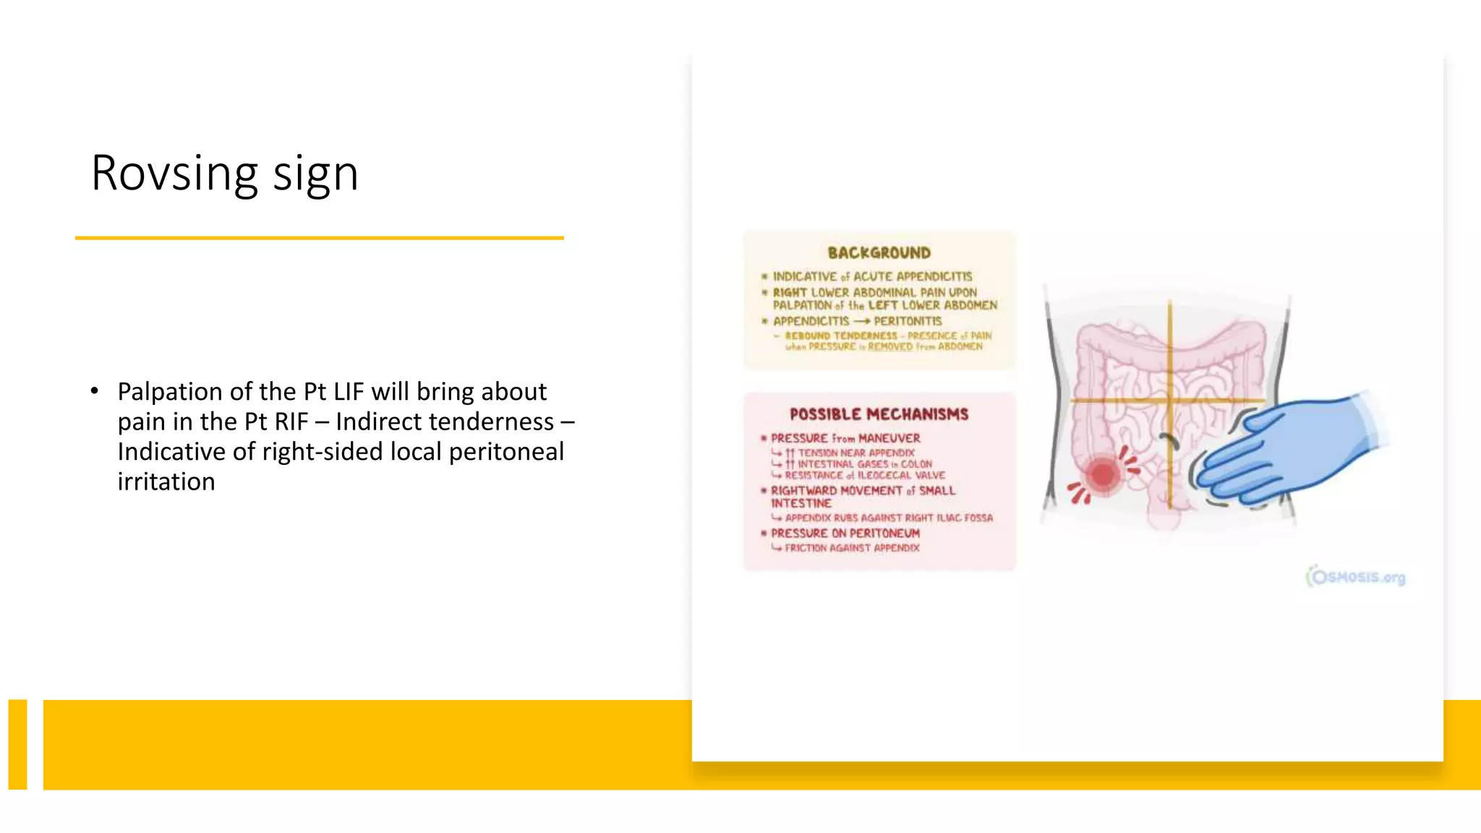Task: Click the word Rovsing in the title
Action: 174,174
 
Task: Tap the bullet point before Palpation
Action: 95,391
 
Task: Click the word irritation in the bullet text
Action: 166,482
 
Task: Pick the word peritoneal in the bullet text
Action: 506,452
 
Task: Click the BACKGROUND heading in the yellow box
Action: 879,253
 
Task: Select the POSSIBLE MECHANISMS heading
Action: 879,414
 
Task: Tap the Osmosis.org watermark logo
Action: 1356,577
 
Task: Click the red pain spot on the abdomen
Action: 1103,475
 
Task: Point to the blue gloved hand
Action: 1294,448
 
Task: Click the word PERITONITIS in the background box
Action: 908,321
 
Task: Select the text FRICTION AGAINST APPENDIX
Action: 852,548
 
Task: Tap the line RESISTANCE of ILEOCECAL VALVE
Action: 865,475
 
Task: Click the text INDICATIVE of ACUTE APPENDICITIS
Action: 872,276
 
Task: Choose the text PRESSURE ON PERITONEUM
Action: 845,533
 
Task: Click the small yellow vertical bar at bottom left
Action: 17,744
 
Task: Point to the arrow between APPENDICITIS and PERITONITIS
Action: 861,321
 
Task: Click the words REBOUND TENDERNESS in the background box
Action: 841,336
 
